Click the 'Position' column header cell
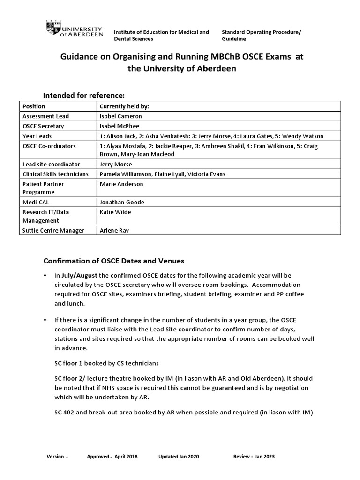(34, 106)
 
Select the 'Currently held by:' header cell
(124, 106)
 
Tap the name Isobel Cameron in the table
(120, 116)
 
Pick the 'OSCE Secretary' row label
(43, 126)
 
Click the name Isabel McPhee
(119, 126)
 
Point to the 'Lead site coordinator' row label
(51, 165)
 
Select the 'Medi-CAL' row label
(36, 202)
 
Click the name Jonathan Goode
(122, 202)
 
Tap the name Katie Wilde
(115, 212)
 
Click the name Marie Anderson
(121, 184)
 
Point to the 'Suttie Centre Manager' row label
(53, 231)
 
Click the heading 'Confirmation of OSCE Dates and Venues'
(114, 261)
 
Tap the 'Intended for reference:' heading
(84, 95)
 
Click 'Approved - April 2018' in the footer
(116, 457)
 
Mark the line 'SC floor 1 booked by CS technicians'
(107, 364)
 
